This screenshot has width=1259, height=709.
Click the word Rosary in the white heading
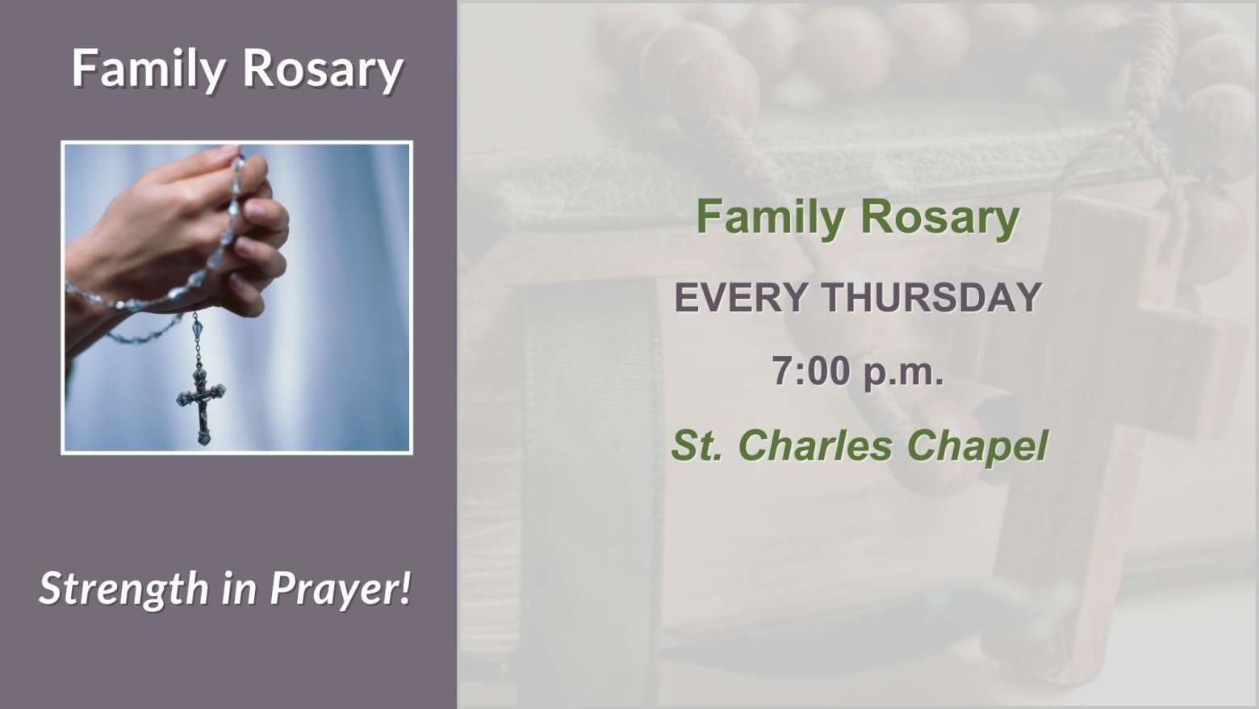(x=323, y=69)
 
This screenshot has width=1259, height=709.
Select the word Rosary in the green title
(x=939, y=217)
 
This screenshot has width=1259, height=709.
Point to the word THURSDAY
(x=932, y=297)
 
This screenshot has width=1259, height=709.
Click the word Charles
(x=815, y=445)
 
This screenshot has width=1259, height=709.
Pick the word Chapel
(x=977, y=447)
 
